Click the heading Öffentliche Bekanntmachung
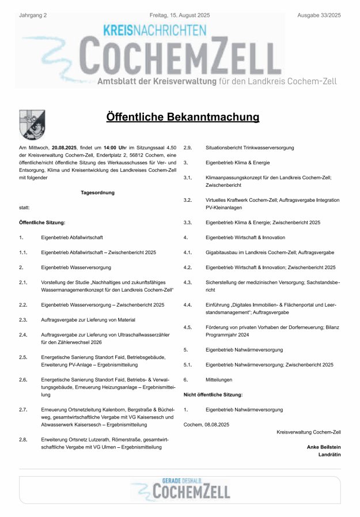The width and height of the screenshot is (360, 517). point(183,118)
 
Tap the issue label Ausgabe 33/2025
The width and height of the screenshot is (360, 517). point(319,14)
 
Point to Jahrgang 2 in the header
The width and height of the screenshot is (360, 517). point(33,14)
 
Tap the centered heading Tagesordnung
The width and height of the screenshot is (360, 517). point(97,193)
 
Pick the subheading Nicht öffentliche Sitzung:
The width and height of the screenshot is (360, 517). point(213,395)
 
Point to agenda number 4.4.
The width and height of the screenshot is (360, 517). point(187,304)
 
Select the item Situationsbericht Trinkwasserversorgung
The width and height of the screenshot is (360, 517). point(249,148)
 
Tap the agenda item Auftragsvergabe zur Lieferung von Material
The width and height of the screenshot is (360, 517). point(88,319)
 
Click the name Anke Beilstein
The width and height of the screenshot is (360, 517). point(324,447)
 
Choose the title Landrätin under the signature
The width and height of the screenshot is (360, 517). point(329,454)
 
